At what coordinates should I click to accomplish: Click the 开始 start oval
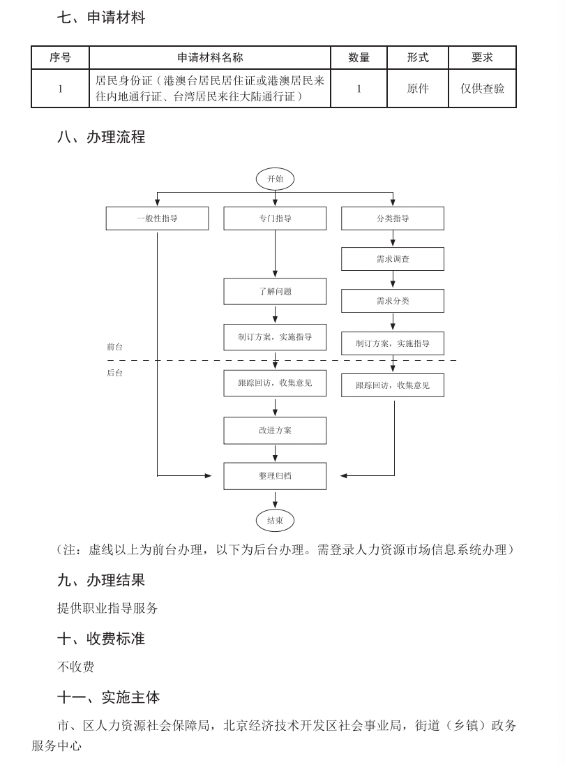tap(275, 179)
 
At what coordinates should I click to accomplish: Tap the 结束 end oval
tap(275, 520)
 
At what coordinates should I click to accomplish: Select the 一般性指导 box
tap(157, 218)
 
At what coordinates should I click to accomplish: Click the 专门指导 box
tap(275, 218)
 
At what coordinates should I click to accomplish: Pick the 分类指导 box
tap(393, 218)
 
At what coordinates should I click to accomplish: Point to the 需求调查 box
tap(393, 259)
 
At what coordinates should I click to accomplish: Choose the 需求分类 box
tap(393, 301)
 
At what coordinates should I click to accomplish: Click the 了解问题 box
tap(275, 291)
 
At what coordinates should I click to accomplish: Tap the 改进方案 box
tap(275, 430)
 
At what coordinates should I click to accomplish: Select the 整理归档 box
tap(275, 475)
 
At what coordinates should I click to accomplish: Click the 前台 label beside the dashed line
tap(115, 346)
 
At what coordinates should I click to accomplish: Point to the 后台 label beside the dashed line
tap(115, 373)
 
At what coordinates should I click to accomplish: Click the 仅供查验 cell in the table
tap(482, 89)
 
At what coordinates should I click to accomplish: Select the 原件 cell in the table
tap(418, 89)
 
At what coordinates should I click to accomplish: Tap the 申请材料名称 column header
tap(210, 58)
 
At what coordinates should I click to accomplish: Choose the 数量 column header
tap(359, 58)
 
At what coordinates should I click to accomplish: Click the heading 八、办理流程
tap(101, 138)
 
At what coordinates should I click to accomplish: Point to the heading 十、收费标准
tap(101, 638)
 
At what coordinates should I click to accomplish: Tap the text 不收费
tap(75, 667)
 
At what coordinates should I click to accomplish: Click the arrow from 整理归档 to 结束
tap(275, 499)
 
